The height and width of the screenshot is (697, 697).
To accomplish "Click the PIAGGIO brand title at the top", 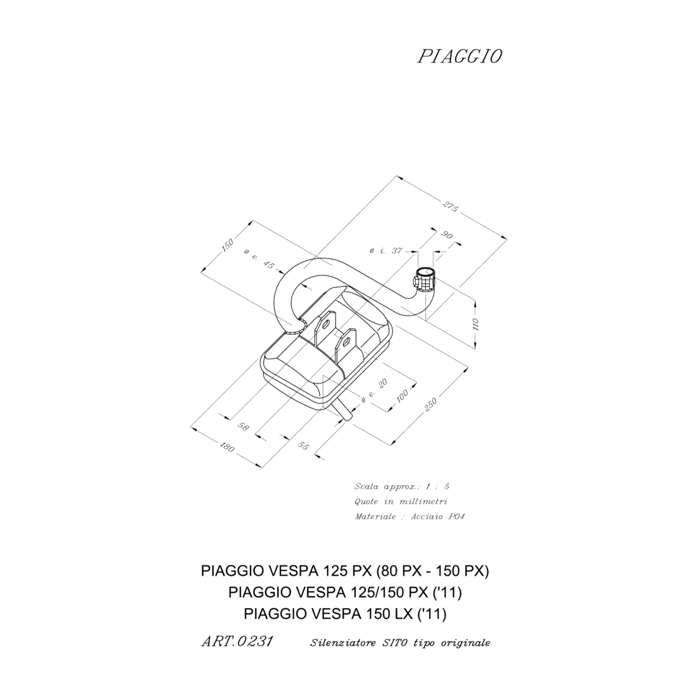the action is (460, 57).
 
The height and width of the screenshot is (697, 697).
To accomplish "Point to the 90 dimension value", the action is (447, 235).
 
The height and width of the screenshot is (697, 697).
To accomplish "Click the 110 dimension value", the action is (475, 324).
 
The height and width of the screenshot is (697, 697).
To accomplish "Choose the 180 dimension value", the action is (227, 448).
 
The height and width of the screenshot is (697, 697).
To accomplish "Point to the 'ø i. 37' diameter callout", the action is (386, 250).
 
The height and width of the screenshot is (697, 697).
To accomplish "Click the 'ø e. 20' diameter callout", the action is (374, 391).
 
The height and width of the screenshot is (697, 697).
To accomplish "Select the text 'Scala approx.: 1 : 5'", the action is (402, 486).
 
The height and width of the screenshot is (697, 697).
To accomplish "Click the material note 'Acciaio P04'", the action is (437, 517).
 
